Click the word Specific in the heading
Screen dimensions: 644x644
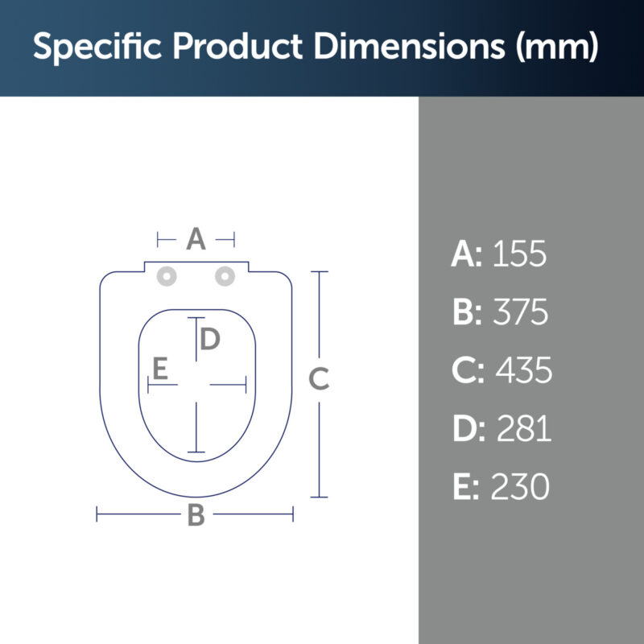click(x=97, y=47)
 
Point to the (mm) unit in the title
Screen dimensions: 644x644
click(x=557, y=46)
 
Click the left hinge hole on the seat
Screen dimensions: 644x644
click(x=167, y=276)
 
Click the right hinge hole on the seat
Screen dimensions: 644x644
click(x=225, y=276)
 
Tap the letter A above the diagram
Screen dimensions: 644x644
click(x=196, y=238)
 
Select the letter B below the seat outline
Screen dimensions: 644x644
click(x=196, y=515)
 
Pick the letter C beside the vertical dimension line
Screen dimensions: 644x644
click(x=319, y=378)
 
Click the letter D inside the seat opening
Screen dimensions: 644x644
click(x=210, y=339)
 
